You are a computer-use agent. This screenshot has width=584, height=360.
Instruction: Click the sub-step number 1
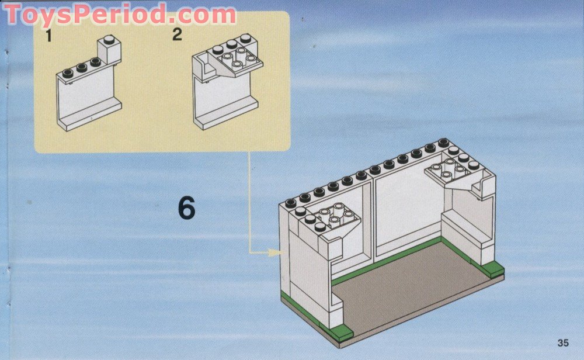pyautogui.click(x=48, y=36)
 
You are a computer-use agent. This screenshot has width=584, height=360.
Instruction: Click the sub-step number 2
pyautogui.click(x=177, y=34)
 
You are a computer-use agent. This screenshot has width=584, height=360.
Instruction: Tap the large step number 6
pyautogui.click(x=187, y=207)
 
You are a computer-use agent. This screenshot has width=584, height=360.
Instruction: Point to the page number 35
pyautogui.click(x=563, y=342)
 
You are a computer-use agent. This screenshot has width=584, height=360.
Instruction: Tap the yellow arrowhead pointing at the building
pyautogui.click(x=274, y=252)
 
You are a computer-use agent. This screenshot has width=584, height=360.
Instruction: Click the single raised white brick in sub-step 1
pyautogui.click(x=109, y=50)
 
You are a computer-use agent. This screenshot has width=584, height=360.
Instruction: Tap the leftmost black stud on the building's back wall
pyautogui.click(x=290, y=203)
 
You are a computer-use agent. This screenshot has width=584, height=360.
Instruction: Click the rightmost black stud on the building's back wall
pyautogui.click(x=443, y=143)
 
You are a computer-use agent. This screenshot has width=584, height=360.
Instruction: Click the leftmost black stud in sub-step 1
pyautogui.click(x=68, y=73)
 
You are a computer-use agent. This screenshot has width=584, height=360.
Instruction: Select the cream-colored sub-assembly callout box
pyautogui.click(x=162, y=82)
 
